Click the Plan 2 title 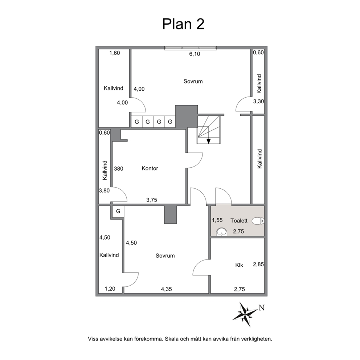tap(183, 24)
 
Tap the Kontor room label tap(150, 168)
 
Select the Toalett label tap(239, 221)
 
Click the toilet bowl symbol tap(258, 221)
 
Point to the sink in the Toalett tap(222, 232)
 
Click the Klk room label tap(239, 265)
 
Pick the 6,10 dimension tap(195, 54)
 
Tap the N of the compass tap(262, 308)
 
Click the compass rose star tap(245, 314)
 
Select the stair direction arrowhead tap(208, 141)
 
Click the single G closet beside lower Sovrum tap(118, 211)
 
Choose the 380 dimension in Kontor tap(119, 168)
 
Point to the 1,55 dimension tap(217, 220)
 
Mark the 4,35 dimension tap(167, 289)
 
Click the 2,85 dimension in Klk tap(258, 264)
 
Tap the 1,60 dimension tap(115, 53)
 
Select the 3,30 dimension tap(258, 101)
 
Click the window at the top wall tap(191, 48)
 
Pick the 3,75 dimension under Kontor tap(152, 200)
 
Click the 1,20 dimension tap(110, 289)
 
